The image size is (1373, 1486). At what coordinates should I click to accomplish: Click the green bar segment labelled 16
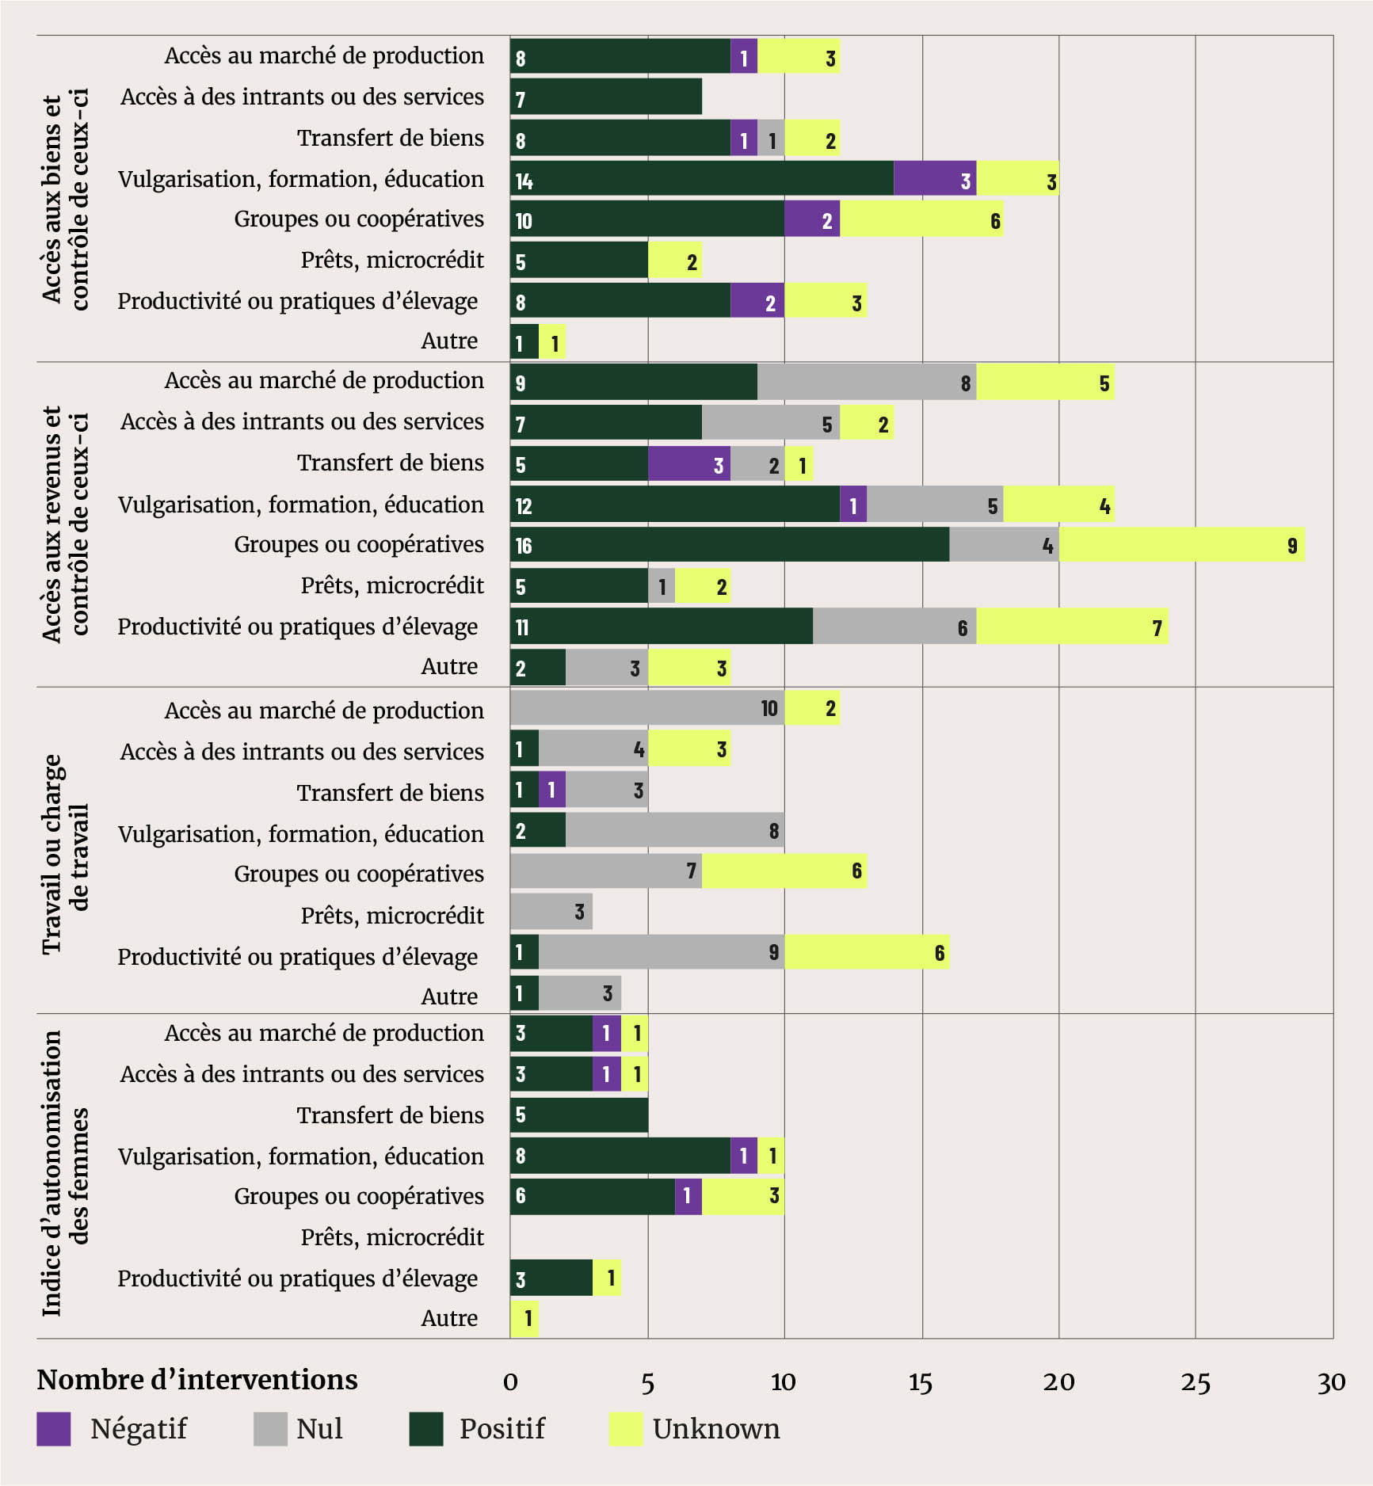pos(729,545)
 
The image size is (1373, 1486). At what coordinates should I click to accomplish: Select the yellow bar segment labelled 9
pos(1181,545)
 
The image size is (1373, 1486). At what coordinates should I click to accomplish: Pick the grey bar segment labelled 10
pos(647,708)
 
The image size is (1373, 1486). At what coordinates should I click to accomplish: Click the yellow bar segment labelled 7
pos(1072,627)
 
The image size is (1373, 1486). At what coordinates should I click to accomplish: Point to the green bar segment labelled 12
pos(675,505)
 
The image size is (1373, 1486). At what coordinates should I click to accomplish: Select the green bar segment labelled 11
pos(662,627)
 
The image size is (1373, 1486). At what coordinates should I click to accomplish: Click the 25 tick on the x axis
pos(1196,1383)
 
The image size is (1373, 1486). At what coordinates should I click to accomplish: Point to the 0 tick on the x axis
pos(510,1383)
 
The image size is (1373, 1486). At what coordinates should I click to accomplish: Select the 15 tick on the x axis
pos(921,1383)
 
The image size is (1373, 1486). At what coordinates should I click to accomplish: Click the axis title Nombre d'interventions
pos(197,1380)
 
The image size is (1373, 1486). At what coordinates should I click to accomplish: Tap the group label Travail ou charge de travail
pos(66,854)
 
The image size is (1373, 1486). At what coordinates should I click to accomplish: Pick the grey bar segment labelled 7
pos(606,871)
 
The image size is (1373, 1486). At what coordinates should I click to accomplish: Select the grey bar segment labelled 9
pos(662,952)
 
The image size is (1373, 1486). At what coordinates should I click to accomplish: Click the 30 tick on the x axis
pos(1332,1383)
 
